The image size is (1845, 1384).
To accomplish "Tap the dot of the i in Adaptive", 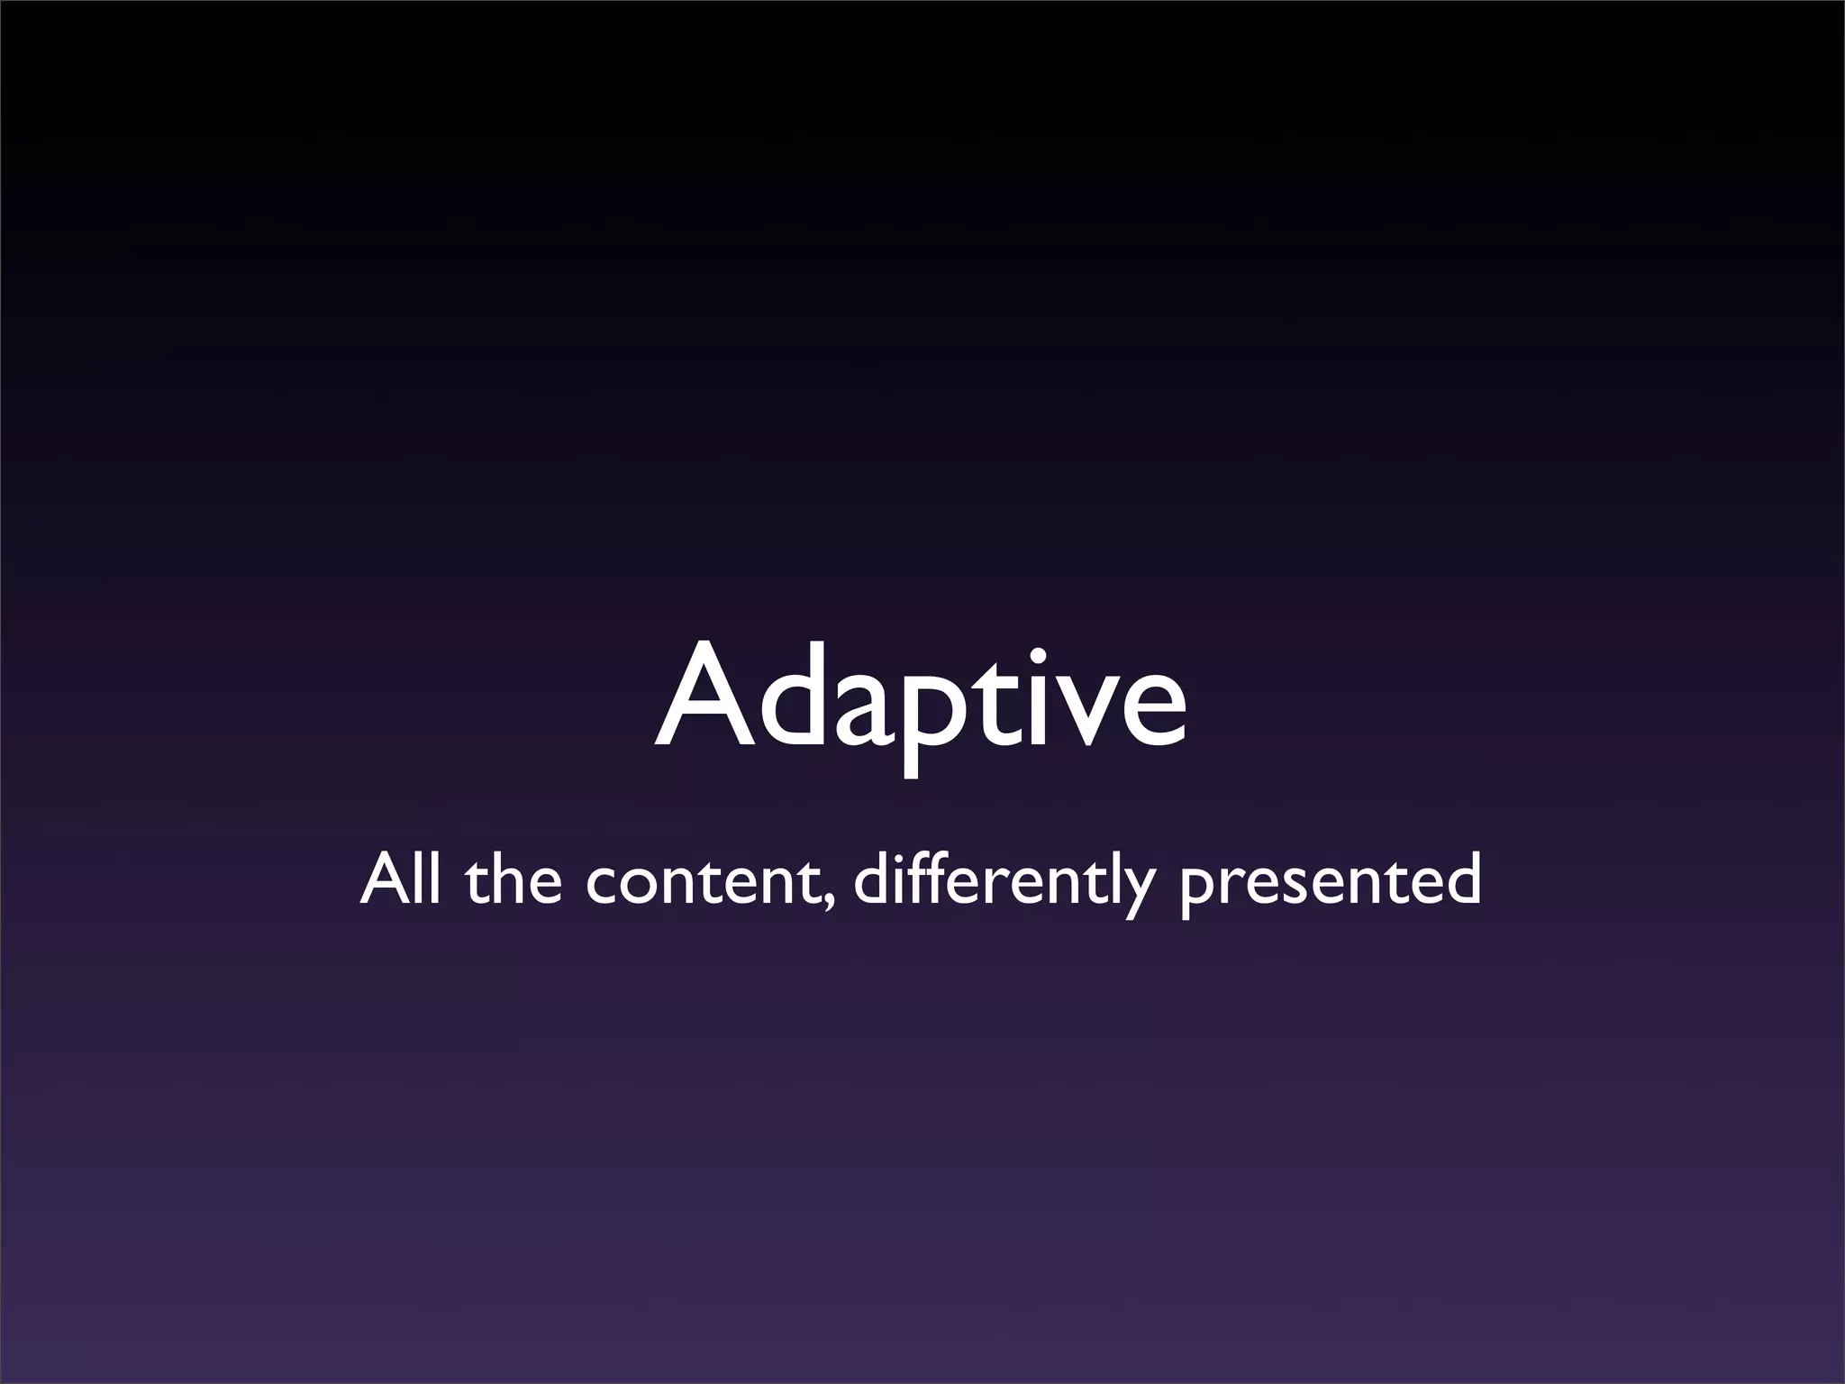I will coord(1029,656).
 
